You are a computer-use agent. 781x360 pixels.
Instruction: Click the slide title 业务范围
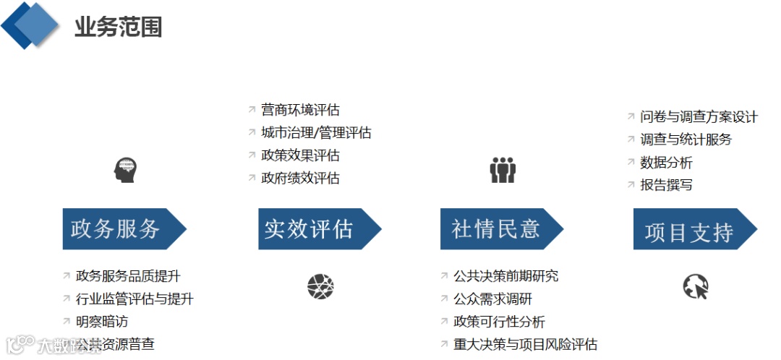[118, 27]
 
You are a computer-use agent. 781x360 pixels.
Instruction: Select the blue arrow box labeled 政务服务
[119, 229]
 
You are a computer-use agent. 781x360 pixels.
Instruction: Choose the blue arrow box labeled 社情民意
[498, 229]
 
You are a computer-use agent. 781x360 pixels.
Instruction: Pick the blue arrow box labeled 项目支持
[690, 230]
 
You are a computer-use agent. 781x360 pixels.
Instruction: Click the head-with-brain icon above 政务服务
[124, 171]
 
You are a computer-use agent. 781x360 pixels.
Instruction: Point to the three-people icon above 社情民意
[503, 170]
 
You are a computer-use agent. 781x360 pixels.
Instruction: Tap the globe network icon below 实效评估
[320, 287]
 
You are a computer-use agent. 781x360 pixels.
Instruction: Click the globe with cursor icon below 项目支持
[696, 287]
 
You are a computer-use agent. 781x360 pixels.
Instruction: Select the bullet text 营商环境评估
[300, 110]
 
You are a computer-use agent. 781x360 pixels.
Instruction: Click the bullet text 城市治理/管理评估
[316, 133]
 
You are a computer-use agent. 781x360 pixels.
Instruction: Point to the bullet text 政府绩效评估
[300, 178]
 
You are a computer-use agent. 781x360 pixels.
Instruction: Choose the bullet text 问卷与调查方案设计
[699, 117]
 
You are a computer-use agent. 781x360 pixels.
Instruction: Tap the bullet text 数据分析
[666, 163]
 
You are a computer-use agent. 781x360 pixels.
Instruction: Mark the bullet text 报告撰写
[666, 185]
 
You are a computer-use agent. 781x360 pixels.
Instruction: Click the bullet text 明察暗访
[102, 322]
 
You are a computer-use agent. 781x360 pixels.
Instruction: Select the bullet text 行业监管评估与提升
[135, 299]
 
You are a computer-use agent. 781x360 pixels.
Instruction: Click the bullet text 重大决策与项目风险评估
[525, 344]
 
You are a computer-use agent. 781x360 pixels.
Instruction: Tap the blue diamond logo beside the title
[30, 25]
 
